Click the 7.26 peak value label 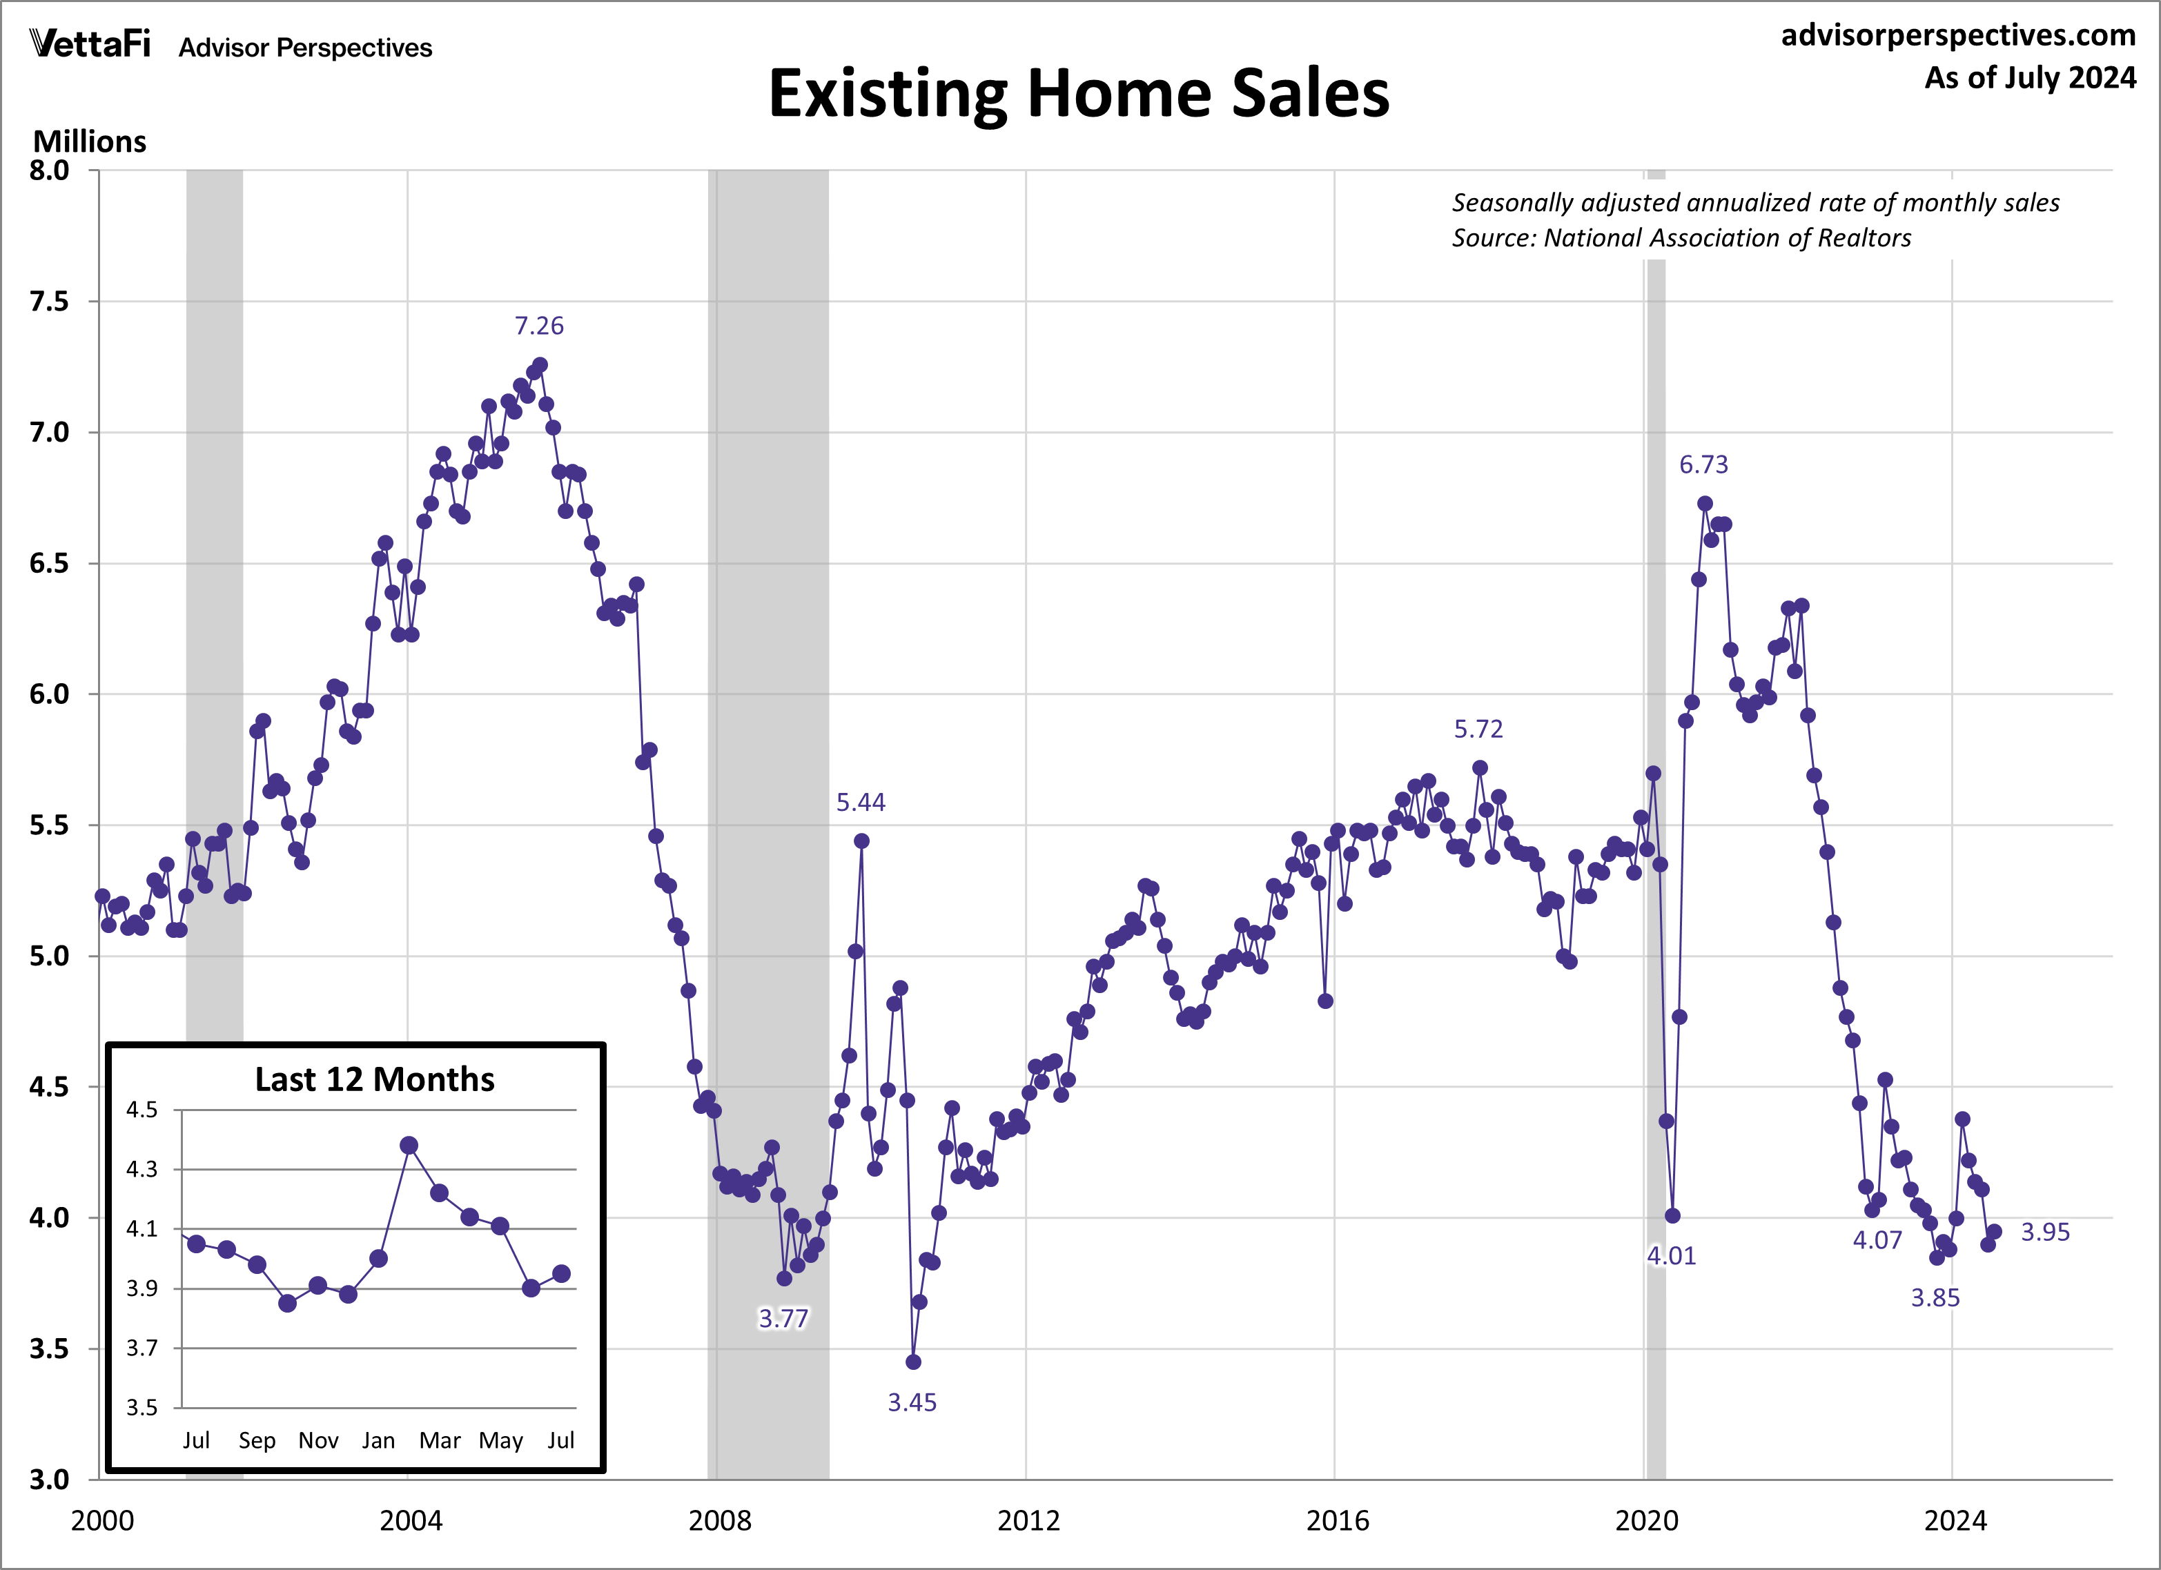tap(538, 326)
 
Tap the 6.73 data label tap(1703, 465)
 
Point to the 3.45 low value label tap(912, 1402)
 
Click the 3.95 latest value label tap(2045, 1232)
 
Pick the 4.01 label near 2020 tap(1671, 1255)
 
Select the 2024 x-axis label tap(1954, 1520)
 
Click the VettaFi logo tap(90, 44)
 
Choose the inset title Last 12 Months tap(375, 1079)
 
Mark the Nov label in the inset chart tap(318, 1440)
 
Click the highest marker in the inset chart tap(409, 1145)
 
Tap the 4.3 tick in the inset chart tap(142, 1169)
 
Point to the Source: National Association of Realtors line tap(1681, 238)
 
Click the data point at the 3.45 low tap(913, 1362)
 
